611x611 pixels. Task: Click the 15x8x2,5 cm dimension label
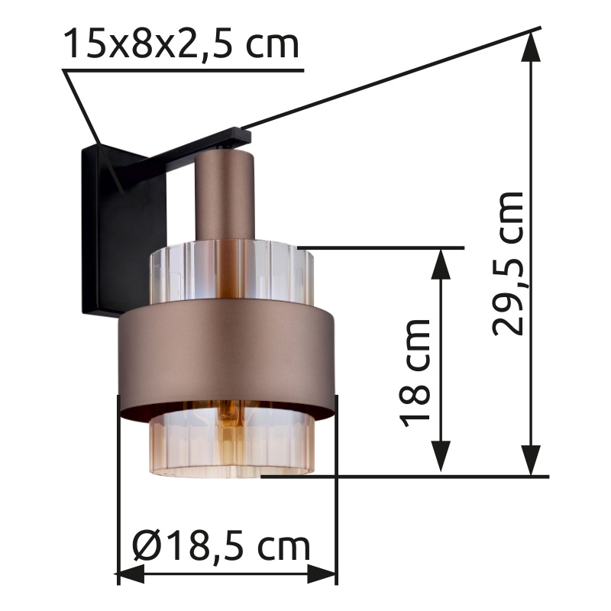[x=181, y=43]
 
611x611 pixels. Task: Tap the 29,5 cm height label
[x=507, y=263]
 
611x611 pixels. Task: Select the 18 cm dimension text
[x=414, y=373]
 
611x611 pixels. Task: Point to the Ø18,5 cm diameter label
[x=221, y=545]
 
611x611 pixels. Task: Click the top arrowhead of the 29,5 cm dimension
[x=531, y=46]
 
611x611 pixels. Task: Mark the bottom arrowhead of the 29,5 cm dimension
[x=531, y=461]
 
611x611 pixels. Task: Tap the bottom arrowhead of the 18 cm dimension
[x=441, y=456]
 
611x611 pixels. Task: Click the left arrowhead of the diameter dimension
[x=131, y=574]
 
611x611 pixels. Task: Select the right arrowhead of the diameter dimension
[x=322, y=574]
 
